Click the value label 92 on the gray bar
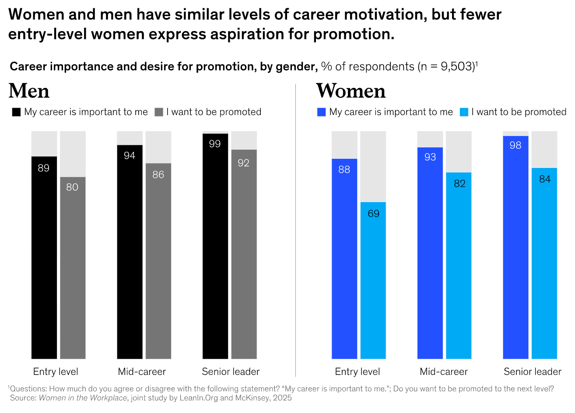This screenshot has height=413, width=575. [x=244, y=163]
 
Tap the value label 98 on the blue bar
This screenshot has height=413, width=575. [x=515, y=145]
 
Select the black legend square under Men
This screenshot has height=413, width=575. [x=16, y=112]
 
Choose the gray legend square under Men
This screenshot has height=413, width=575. [x=159, y=112]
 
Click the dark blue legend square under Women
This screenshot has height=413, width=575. [x=322, y=112]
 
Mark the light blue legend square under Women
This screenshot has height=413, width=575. [x=464, y=112]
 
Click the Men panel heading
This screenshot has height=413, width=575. [x=29, y=91]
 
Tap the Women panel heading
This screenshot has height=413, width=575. [x=351, y=91]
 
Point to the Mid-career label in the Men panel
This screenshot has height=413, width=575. [x=142, y=372]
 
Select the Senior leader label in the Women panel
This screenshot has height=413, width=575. [x=532, y=372]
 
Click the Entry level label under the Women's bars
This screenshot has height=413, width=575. [x=357, y=372]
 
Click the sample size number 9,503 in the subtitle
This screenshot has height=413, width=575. [x=457, y=66]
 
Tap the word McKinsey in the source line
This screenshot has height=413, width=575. [x=253, y=398]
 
